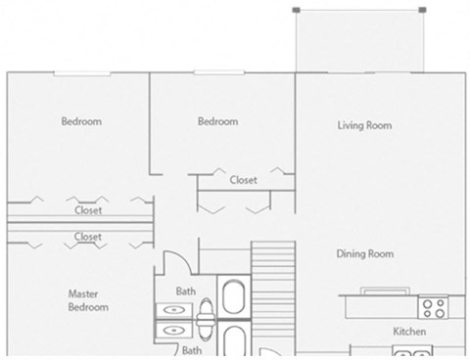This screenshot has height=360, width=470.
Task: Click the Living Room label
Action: (x=364, y=125)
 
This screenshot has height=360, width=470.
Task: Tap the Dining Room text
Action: (x=364, y=254)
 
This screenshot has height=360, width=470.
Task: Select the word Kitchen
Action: (x=409, y=333)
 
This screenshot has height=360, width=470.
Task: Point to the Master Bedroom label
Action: (x=88, y=300)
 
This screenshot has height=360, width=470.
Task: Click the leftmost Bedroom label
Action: (x=81, y=122)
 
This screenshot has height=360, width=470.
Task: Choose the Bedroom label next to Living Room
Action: (x=217, y=122)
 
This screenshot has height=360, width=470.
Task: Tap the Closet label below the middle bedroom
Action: (x=243, y=180)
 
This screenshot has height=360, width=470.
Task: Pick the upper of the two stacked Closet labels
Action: (x=88, y=210)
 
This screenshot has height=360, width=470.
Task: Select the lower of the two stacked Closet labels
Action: (x=88, y=237)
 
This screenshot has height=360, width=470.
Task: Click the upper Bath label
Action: (x=185, y=292)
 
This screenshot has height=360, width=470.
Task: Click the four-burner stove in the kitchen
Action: (x=432, y=308)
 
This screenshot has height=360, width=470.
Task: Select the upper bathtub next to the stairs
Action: (x=234, y=298)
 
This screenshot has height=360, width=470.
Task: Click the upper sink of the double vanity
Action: (x=173, y=310)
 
